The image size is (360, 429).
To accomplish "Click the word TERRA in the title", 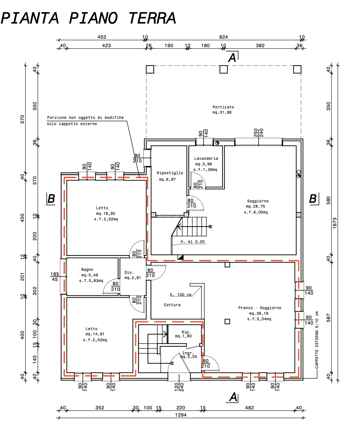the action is point(152,18).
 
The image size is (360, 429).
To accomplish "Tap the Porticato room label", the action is point(223,107).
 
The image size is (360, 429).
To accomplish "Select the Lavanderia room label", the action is point(206,159).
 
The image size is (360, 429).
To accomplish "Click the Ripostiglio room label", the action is point(170,173).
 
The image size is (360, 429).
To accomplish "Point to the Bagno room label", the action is point(87,270).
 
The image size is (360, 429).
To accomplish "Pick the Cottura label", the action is point(172,305).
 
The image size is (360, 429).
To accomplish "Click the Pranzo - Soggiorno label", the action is point(260,308).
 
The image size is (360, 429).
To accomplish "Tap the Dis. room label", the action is point(129,272).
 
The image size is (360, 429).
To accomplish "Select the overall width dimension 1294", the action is point(181,415).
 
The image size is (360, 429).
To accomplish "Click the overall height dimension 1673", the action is point(334,223).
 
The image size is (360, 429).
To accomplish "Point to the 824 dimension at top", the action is point(224,37).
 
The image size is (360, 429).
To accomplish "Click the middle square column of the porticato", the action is point(224,69).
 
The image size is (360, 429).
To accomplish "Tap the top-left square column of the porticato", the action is point(150,69).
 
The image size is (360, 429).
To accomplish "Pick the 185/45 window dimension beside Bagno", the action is point(55,276).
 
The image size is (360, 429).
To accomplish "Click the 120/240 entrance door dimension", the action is point(179,387).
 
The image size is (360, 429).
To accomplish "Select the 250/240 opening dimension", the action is point(258,133).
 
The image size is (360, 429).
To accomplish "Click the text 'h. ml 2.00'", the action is point(193,242).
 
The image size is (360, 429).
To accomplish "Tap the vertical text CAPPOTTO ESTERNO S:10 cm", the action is point(317,340).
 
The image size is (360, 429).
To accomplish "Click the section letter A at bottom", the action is point(233,397).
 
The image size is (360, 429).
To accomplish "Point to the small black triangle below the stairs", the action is point(181,257).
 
